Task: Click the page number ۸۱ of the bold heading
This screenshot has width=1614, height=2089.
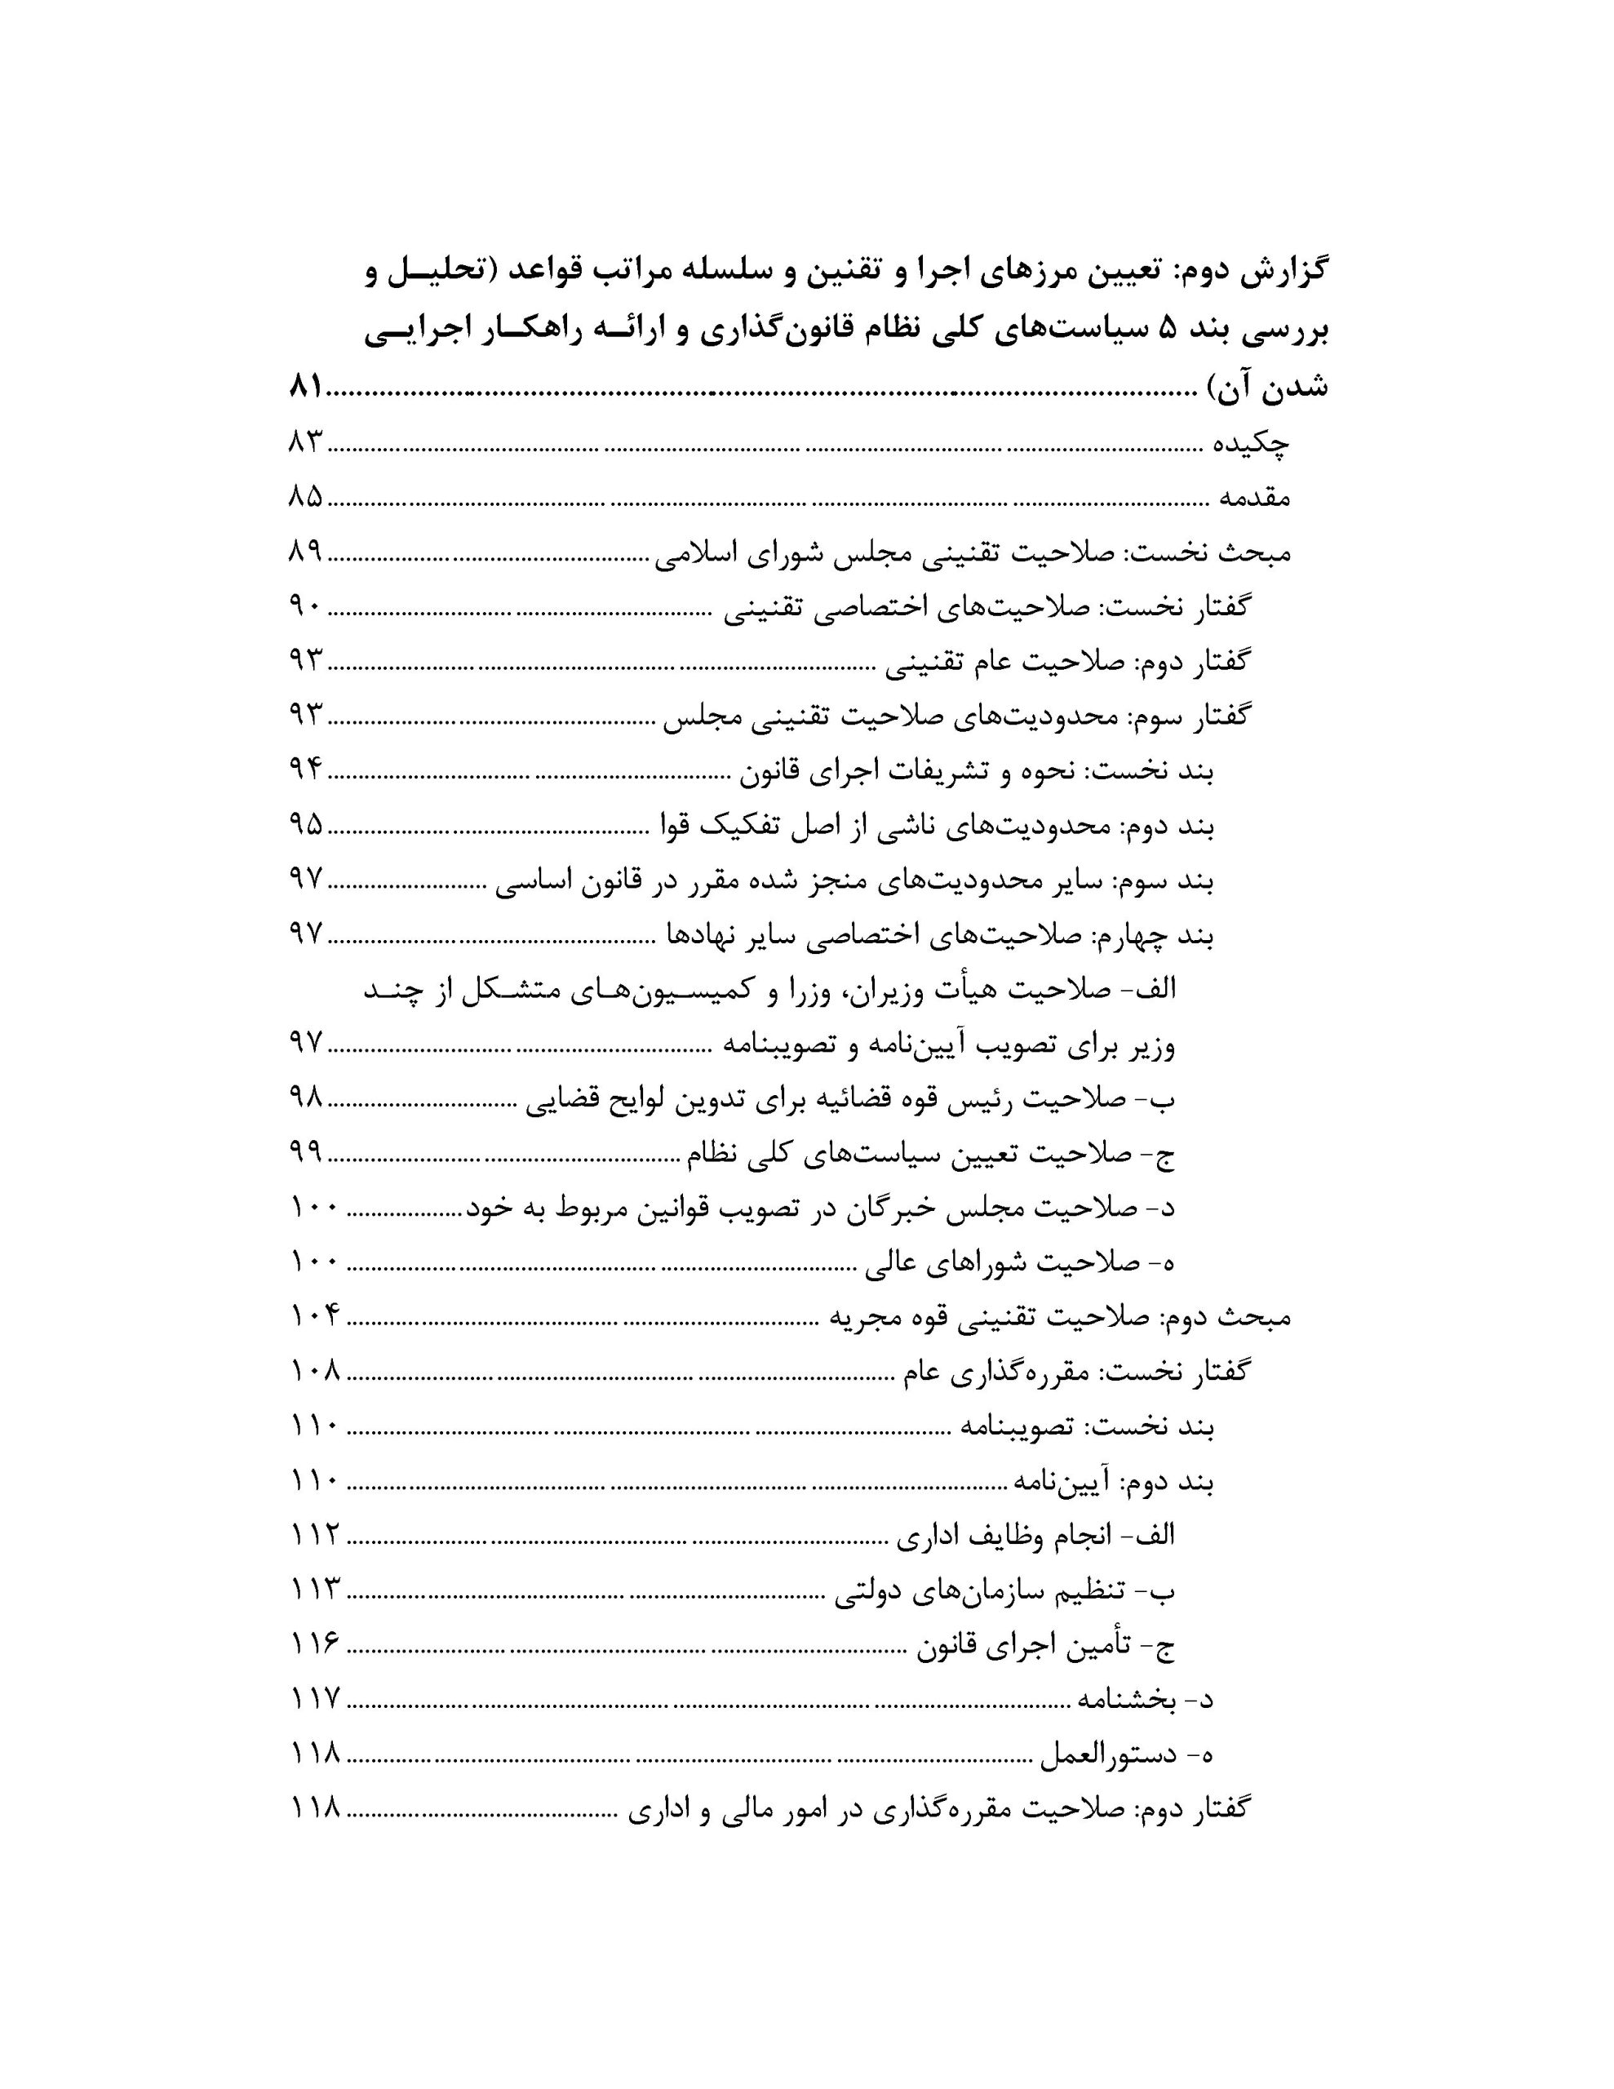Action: point(306,389)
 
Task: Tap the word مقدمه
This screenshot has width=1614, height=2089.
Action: point(1254,498)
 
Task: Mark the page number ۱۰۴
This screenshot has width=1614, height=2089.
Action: point(315,1317)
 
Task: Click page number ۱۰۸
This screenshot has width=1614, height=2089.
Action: point(315,1372)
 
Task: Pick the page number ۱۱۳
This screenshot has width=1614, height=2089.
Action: point(315,1590)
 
